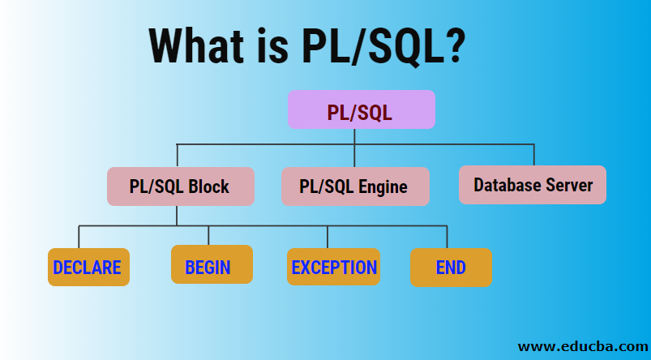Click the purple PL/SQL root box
click(362, 109)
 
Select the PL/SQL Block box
click(180, 186)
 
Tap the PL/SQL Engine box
click(354, 186)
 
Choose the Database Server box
click(533, 185)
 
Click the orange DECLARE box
click(88, 268)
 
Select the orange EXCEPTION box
click(333, 267)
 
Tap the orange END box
click(451, 267)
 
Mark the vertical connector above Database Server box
click(533, 155)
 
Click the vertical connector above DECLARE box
click(79, 237)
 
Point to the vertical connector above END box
click(447, 237)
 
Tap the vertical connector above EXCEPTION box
click(328, 237)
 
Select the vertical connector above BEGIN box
click(208, 235)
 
